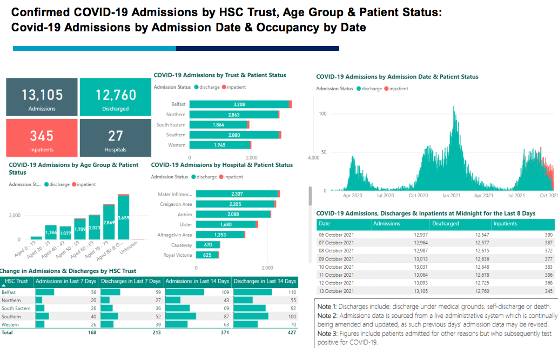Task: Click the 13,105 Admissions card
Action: pos(42,97)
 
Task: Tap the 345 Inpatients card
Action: pos(42,138)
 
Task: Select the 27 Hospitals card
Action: pos(116,138)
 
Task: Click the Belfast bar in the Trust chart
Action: pos(239,104)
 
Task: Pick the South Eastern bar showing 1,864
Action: pos(218,125)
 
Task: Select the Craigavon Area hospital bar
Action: pos(236,204)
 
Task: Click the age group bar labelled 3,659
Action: pos(124,217)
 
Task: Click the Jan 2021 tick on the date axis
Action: pos(451,196)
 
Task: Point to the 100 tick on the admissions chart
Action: pos(323,114)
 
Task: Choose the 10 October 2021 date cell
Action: pos(336,267)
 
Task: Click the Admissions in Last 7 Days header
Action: pos(65,281)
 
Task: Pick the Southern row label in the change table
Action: pos(11,317)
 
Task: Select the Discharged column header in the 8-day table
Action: pos(445,224)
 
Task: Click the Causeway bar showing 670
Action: pos(207,245)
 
